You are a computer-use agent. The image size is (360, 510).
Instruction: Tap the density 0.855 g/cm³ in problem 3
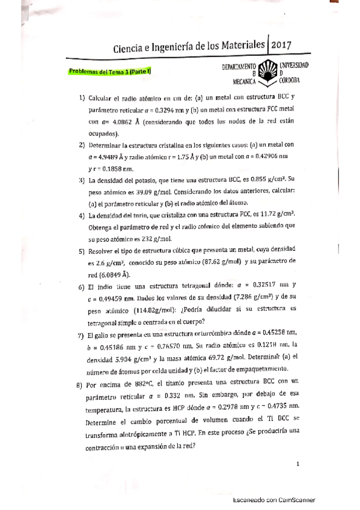pyautogui.click(x=275, y=180)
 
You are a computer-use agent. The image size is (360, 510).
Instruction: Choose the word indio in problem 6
pyautogui.click(x=105, y=286)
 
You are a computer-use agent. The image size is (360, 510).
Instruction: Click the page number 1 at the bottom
pyautogui.click(x=298, y=463)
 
